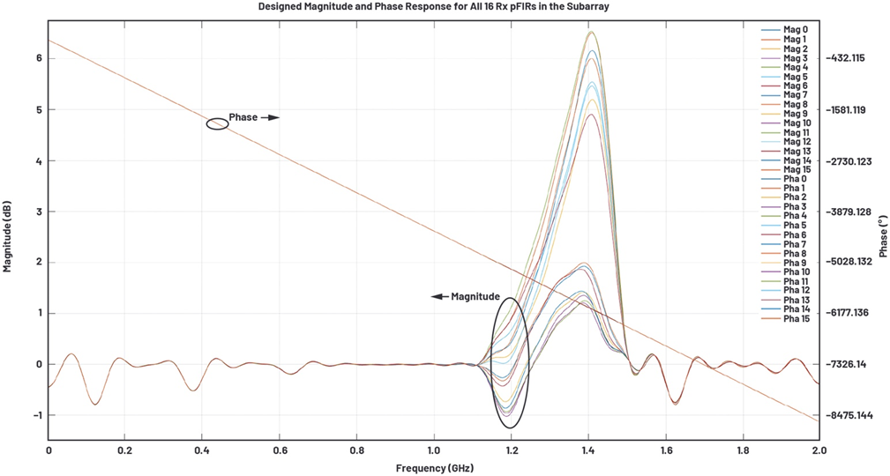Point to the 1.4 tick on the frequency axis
587,450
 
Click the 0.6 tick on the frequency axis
279,450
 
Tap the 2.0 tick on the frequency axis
819,450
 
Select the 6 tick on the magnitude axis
39,58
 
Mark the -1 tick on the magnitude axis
36,415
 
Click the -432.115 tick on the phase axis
849,58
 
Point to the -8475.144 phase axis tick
852,415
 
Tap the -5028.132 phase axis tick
852,262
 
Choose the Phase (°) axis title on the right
881,234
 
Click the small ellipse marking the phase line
218,124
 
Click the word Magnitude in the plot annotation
475,297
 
